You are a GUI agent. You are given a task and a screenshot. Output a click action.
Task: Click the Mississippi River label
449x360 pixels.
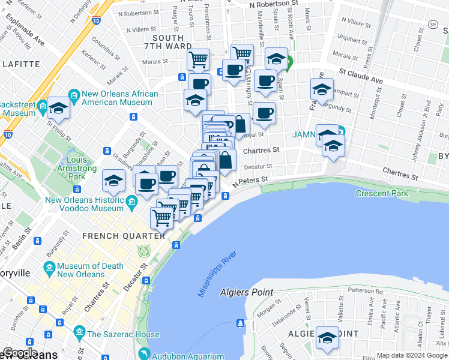point(217,274)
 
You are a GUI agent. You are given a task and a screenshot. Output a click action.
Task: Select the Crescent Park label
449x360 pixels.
point(382,193)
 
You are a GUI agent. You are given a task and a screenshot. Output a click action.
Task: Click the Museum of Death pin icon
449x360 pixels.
point(49,266)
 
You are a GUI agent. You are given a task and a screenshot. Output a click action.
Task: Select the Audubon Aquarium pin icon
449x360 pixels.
point(142,354)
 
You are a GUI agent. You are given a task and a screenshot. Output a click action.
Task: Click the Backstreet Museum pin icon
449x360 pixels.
point(42,108)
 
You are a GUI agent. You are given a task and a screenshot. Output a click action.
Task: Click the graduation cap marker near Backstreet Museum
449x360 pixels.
point(59,108)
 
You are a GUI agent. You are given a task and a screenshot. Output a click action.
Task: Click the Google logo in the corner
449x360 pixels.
point(20,353)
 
